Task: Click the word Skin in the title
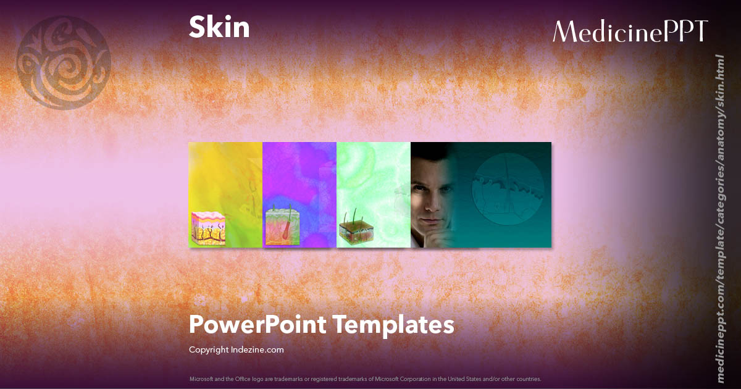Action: pos(219,28)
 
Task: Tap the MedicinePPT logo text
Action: pos(630,31)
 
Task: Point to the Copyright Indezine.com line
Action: pos(237,349)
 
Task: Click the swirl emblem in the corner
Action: pos(63,62)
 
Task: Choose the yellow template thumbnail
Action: pos(225,185)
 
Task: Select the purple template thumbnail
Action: pos(299,185)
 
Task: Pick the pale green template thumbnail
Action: pos(374,185)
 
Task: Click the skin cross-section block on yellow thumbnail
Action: pos(207,228)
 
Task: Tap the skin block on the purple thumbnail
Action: pos(282,227)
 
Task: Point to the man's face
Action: pos(432,194)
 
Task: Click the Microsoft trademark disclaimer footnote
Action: pos(365,379)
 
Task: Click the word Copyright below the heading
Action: pos(208,349)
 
